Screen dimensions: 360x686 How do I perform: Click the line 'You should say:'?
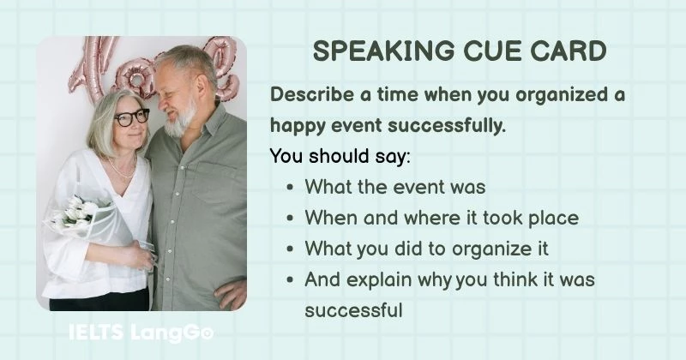(x=328, y=157)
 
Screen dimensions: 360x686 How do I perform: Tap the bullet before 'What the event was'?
(x=292, y=188)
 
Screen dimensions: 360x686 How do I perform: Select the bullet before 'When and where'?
(x=292, y=219)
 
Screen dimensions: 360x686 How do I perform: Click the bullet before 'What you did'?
(x=292, y=249)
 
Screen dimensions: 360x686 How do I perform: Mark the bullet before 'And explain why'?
(x=292, y=280)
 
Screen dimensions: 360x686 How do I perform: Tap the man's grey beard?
(x=183, y=120)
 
